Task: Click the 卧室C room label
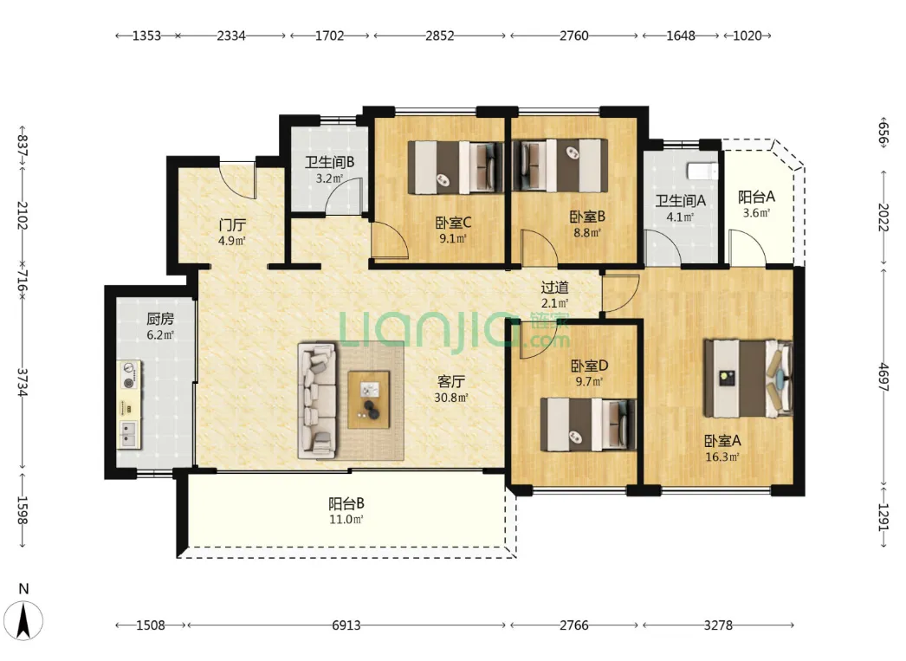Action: (453, 222)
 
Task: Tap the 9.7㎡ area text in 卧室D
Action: (589, 381)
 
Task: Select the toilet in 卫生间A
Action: (702, 171)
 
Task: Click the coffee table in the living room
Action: (369, 399)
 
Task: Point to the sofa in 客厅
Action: (317, 401)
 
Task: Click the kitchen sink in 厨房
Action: (128, 435)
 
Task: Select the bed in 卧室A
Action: (747, 379)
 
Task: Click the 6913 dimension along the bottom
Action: (346, 625)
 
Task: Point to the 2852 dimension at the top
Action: (440, 36)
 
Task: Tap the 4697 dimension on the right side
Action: (883, 376)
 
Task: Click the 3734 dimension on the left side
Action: (23, 383)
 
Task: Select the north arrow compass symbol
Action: (23, 619)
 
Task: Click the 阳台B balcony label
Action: (346, 503)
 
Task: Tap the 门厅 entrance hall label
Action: (232, 224)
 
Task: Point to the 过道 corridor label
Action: (554, 287)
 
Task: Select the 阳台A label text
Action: (756, 197)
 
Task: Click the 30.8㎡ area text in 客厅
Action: (451, 398)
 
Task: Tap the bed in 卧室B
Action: (560, 165)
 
